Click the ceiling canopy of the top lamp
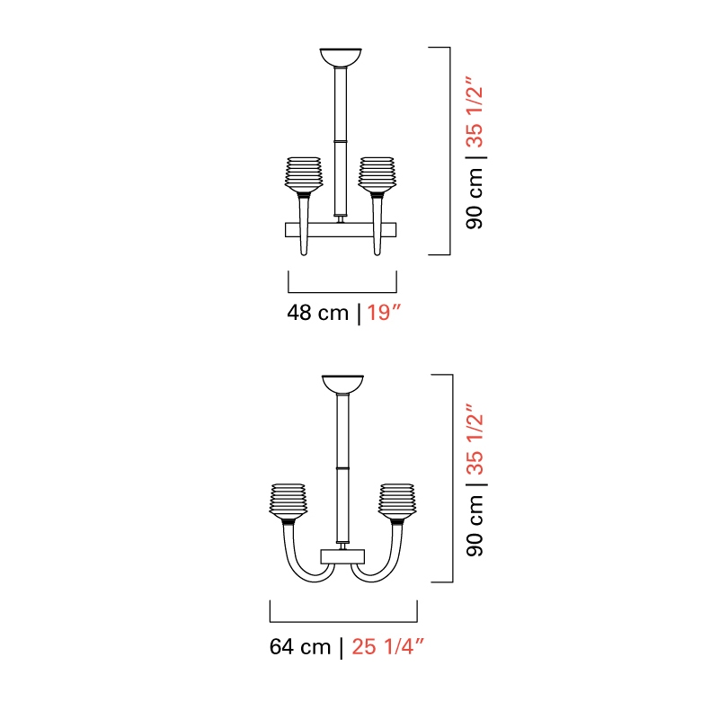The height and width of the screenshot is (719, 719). [341, 57]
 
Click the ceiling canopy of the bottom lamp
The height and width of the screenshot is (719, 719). [342, 385]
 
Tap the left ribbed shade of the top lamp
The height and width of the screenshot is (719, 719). [304, 174]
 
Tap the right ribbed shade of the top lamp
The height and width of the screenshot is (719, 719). [377, 174]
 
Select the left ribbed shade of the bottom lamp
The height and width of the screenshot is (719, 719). [288, 502]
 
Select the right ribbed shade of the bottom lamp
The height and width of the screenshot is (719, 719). [397, 502]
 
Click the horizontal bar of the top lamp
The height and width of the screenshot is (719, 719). [341, 230]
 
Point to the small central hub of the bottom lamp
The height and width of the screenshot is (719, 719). [342, 556]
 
